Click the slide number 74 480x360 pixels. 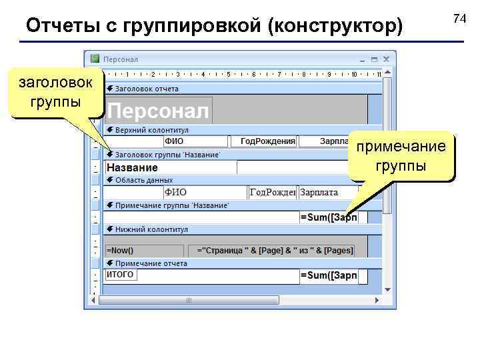tap(459, 19)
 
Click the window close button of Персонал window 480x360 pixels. tap(386, 59)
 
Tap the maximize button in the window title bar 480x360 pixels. tap(374, 59)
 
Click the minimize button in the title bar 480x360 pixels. tap(363, 59)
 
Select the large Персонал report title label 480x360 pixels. tap(159, 111)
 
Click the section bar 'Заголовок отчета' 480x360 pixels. tap(147, 88)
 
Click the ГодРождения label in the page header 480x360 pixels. tap(267, 141)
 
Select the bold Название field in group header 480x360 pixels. tap(133, 167)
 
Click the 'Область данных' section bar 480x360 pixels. tap(144, 180)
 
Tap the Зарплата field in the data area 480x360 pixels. tap(319, 193)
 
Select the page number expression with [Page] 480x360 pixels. tap(275, 251)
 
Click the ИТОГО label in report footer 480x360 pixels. tap(121, 275)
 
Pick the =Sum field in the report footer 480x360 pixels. tap(328, 275)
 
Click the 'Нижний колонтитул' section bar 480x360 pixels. tap(151, 229)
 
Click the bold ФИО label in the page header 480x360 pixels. tap(174, 141)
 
